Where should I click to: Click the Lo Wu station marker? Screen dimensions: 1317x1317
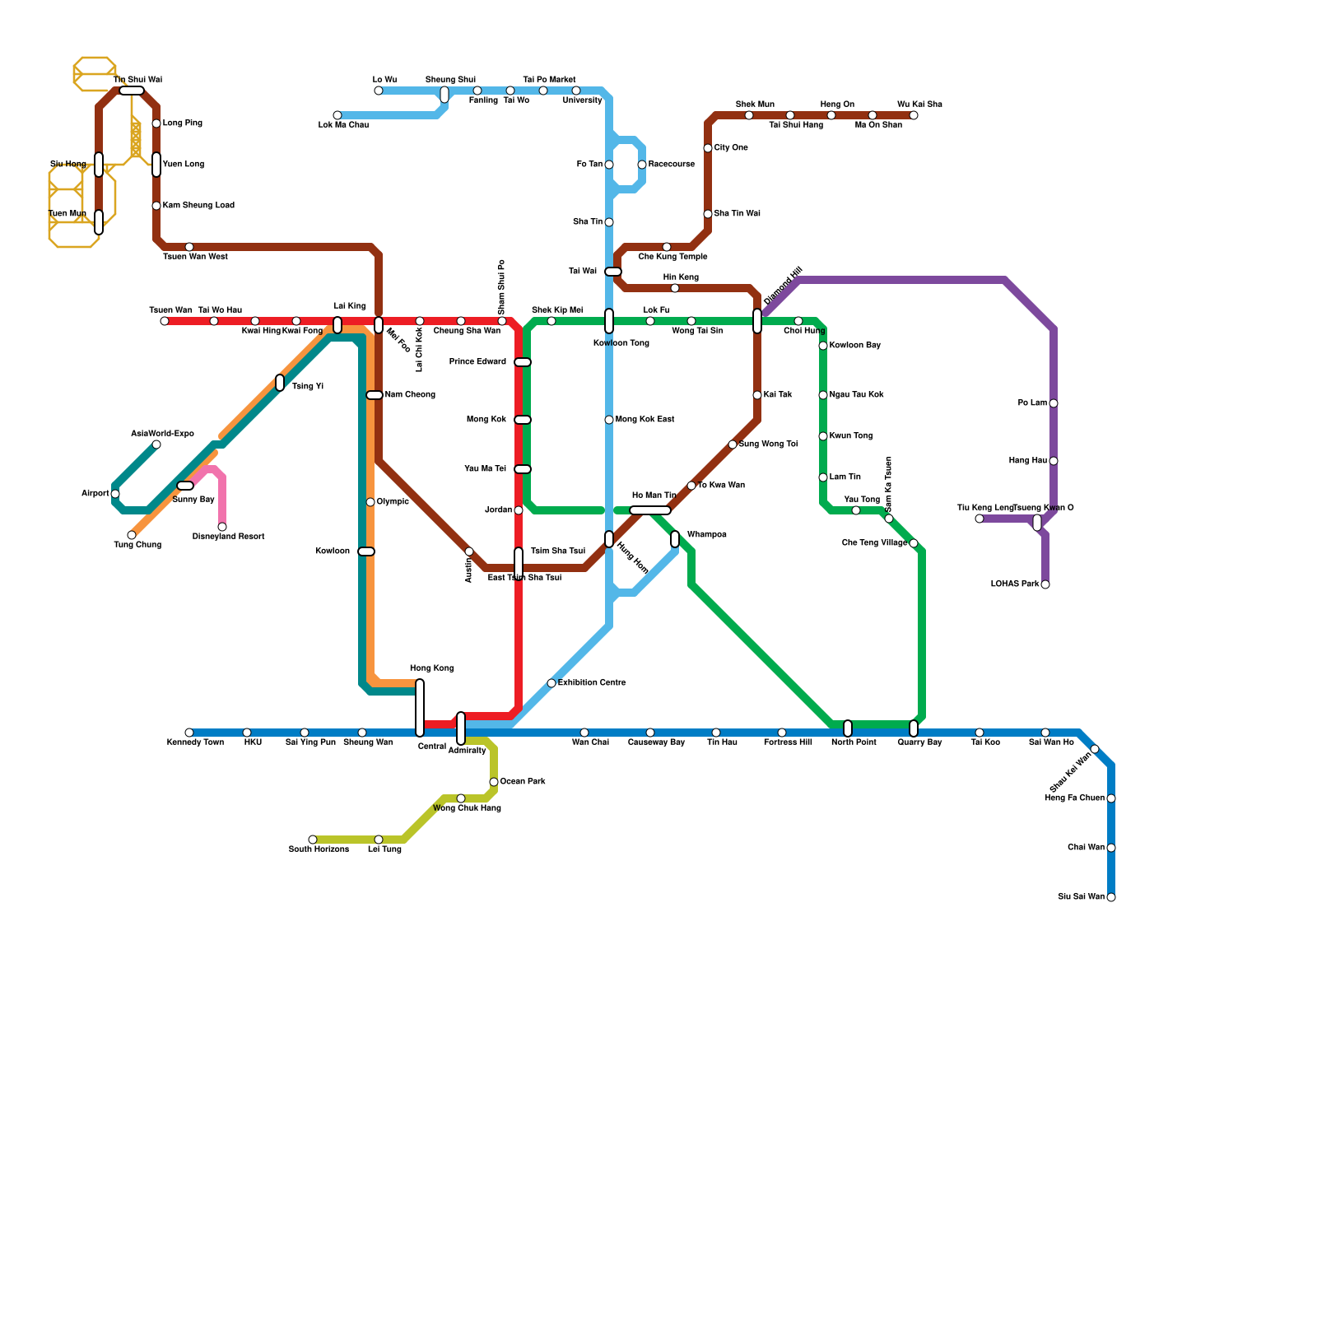coord(379,91)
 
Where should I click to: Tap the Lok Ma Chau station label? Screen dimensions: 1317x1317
coord(343,125)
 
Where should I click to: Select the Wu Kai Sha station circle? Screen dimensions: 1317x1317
coord(914,115)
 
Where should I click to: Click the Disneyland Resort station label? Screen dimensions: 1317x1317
coord(228,537)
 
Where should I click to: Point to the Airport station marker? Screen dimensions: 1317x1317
coord(115,494)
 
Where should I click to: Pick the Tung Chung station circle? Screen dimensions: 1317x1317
coord(132,535)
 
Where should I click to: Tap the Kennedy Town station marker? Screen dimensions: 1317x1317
coord(189,733)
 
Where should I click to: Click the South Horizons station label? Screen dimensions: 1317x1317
coord(319,849)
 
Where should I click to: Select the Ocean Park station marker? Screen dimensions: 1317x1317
coord(494,782)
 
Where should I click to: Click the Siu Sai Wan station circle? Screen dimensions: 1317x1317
coord(1111,897)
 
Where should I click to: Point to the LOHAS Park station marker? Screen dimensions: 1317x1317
coord(1045,584)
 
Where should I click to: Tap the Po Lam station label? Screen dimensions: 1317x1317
coord(1032,403)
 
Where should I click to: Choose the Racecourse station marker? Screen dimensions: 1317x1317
coord(642,165)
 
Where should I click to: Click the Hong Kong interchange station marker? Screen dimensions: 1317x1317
coord(420,708)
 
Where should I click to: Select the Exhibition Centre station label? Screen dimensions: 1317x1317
coord(592,683)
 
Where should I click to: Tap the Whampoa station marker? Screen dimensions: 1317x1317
coord(675,539)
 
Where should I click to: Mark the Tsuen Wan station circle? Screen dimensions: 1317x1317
coord(165,321)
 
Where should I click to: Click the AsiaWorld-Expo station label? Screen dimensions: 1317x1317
coord(162,434)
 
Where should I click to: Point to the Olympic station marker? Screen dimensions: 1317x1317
coord(370,502)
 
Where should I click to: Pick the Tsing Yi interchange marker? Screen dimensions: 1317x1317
coord(280,383)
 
